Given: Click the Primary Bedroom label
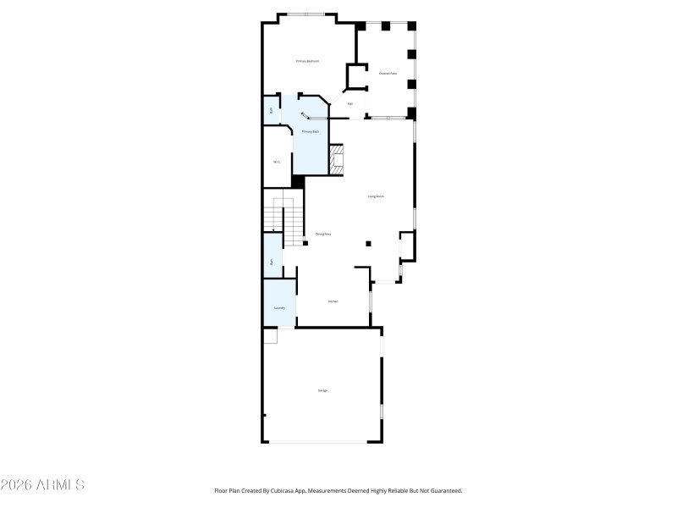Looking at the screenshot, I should click(x=307, y=61).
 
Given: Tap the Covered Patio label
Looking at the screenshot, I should click(x=388, y=74).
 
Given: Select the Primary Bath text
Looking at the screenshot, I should click(x=311, y=131).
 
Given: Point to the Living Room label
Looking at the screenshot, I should click(x=376, y=196).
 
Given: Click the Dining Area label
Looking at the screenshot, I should click(x=322, y=234).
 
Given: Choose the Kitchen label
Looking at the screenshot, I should click(x=333, y=301).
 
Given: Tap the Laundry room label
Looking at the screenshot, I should click(x=279, y=308).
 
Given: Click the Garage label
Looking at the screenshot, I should click(x=322, y=390).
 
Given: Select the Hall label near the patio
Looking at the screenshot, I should click(x=350, y=104).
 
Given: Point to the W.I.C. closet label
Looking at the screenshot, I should click(x=277, y=162).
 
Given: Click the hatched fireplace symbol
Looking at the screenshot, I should click(x=338, y=160).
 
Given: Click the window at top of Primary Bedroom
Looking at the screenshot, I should click(x=305, y=14).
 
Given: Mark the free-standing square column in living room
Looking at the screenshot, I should click(x=368, y=244).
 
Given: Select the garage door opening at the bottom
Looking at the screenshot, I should click(x=318, y=441).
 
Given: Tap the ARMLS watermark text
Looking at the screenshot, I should click(x=42, y=485).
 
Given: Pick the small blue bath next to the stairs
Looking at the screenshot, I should click(x=272, y=262).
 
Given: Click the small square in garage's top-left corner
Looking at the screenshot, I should click(x=271, y=337).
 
